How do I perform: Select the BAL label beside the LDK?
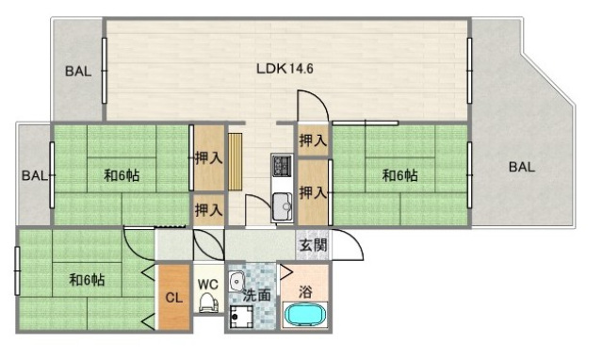78,71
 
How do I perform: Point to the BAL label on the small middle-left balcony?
35,175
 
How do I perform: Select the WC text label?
207,283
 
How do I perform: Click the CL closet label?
173,298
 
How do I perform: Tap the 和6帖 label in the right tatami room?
400,175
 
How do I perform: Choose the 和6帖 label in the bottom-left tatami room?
86,280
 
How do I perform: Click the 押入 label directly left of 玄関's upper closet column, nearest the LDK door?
312,141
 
